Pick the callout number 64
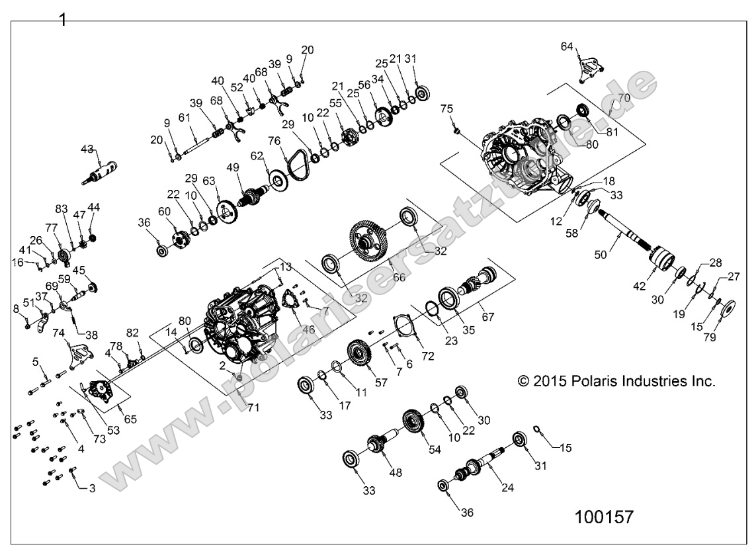[567, 46]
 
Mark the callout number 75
[447, 108]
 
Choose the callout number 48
[396, 473]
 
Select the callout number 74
[59, 333]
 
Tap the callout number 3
[93, 488]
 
